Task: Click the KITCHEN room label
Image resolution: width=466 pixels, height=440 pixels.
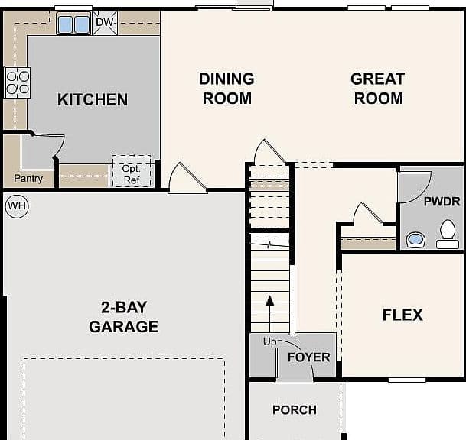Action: point(93,99)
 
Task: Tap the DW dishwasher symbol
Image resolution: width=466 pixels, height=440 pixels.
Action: point(105,23)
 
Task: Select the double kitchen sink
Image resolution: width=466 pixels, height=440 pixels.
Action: point(73,24)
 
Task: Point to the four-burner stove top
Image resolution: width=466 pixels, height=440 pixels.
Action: point(18,82)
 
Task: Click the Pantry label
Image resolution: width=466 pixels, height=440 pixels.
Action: point(28,178)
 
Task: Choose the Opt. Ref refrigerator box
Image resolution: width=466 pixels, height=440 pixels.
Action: point(132,171)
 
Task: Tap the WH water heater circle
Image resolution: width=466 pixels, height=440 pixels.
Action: point(17,206)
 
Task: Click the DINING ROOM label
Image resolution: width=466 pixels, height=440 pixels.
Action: point(226,89)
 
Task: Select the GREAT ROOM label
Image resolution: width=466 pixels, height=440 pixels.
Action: point(378,89)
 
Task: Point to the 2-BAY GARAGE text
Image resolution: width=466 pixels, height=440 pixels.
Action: point(124,317)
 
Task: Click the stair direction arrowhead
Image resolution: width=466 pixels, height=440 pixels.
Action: point(270,300)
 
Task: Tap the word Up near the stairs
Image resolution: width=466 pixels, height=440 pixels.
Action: point(269,341)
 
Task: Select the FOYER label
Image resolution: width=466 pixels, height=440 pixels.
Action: point(309,357)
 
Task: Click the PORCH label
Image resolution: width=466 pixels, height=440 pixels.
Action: point(295,410)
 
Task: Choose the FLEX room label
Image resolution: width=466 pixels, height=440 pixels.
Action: point(402,315)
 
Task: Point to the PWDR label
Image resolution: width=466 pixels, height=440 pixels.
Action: point(442,202)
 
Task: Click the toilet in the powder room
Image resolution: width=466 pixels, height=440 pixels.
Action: point(448,234)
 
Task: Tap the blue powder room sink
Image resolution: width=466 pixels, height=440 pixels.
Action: point(415,239)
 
